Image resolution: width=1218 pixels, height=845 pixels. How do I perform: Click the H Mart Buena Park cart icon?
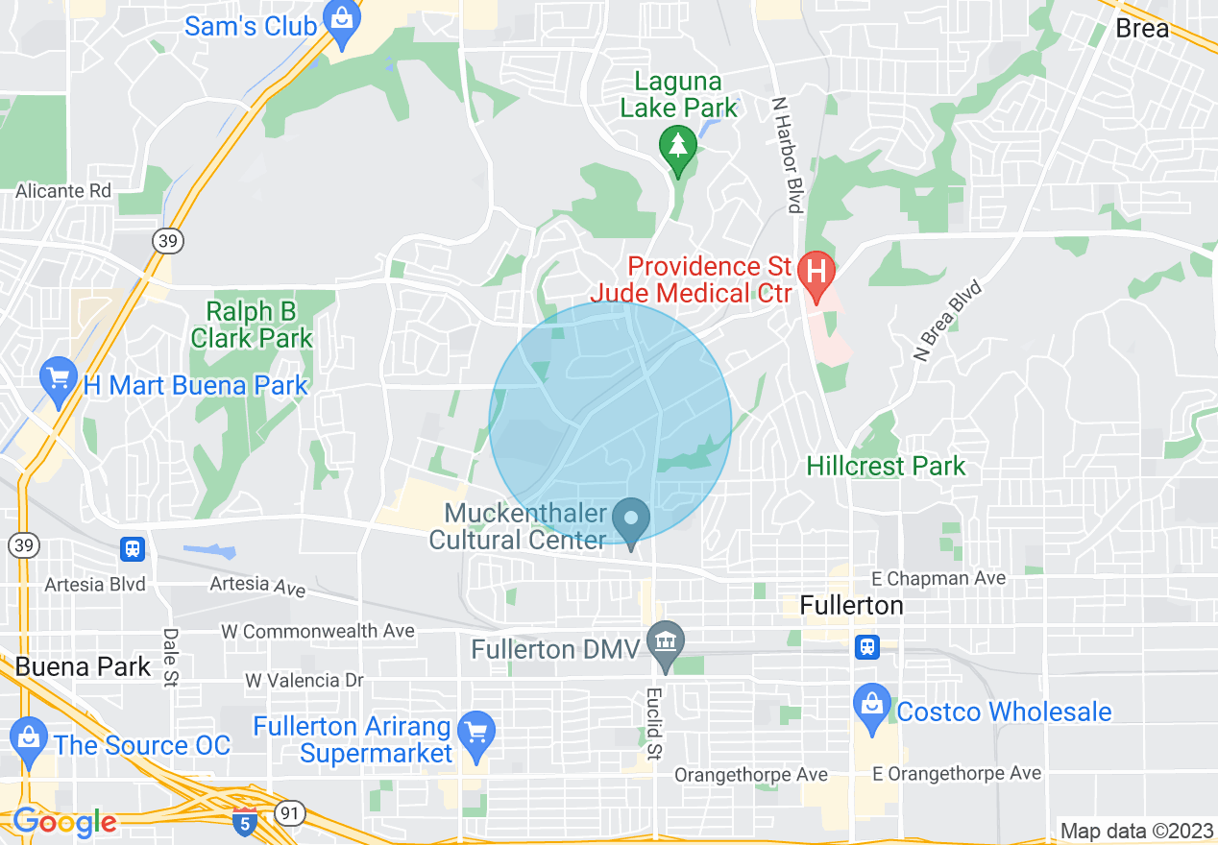click(60, 378)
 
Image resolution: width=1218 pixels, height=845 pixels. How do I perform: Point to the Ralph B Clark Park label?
click(252, 325)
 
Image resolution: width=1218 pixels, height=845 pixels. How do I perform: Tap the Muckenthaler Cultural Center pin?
click(631, 520)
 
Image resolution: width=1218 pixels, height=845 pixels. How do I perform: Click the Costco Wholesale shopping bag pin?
click(871, 707)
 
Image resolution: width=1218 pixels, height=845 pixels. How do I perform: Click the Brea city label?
click(1142, 28)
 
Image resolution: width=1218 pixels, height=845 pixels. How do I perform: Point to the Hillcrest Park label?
click(886, 467)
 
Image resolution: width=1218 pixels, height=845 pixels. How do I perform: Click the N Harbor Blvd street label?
click(786, 154)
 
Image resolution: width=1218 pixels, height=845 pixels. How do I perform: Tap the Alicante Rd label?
click(63, 191)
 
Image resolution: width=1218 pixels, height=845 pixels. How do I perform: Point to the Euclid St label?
click(655, 723)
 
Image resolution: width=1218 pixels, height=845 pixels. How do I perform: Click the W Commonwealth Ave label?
click(317, 631)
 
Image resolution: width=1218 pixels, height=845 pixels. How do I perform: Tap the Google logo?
click(63, 822)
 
